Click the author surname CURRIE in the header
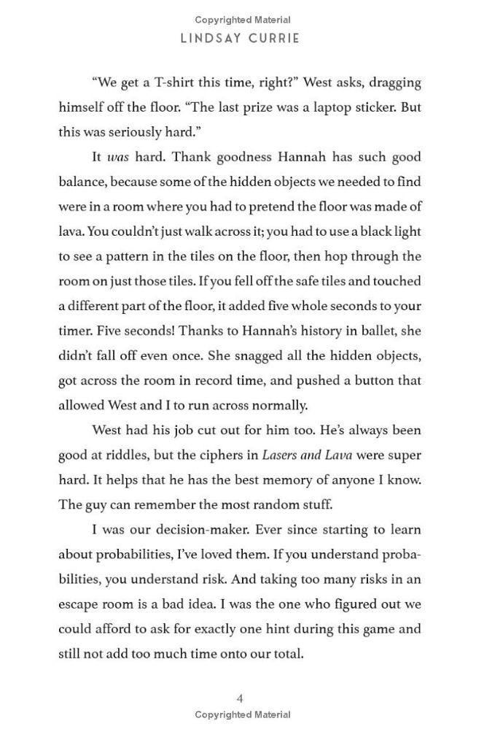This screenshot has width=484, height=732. pyautogui.click(x=274, y=38)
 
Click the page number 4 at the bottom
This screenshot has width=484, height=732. pyautogui.click(x=241, y=698)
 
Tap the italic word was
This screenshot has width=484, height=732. pyautogui.click(x=117, y=157)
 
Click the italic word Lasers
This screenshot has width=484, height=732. pyautogui.click(x=280, y=455)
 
